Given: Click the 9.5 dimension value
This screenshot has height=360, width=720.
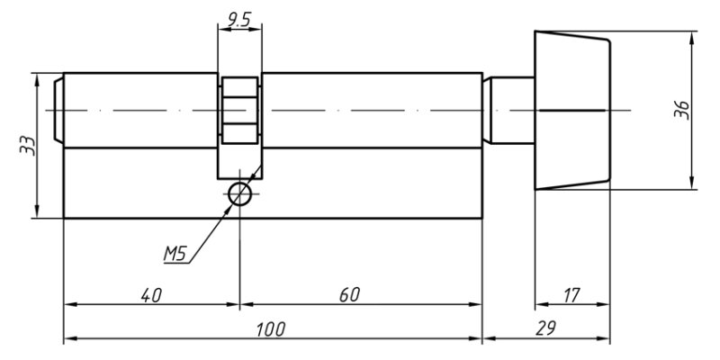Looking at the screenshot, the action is coord(239,20).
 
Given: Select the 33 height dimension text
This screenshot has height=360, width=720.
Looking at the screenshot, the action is coord(28,146).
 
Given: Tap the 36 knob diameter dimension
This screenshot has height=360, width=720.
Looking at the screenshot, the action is coord(682,110).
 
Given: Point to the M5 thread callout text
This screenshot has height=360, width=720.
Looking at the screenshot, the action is coord(175,254).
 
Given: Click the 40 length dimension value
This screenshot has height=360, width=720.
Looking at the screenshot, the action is coord(151,295).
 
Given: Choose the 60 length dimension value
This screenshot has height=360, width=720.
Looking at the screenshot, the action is coord(349,295).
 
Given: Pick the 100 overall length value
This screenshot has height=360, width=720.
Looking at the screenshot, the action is coord(271,329).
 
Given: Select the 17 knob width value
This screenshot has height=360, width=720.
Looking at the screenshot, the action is coord(571,295).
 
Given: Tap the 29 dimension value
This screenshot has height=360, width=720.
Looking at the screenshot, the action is coord(545,328).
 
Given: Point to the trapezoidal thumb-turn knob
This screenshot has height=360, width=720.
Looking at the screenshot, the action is coord(572,110).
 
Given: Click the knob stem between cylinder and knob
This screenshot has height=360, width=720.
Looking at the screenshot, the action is coord(508,110).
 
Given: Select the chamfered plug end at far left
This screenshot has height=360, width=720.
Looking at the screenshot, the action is coord(58,110).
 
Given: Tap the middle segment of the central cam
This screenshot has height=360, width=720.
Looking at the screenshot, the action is coord(239,110).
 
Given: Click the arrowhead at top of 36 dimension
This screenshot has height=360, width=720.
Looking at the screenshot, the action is coord(691,37).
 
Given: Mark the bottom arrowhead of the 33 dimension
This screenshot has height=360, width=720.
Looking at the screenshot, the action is coord(37,212).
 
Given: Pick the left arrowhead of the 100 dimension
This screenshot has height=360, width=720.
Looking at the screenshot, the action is coord(70,339).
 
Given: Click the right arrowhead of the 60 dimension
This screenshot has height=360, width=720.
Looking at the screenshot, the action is coord(476,304).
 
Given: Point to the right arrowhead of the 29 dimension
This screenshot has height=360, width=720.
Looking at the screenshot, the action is coord(603,339).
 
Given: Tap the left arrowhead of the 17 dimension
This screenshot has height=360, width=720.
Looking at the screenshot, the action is coord(542,304).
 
